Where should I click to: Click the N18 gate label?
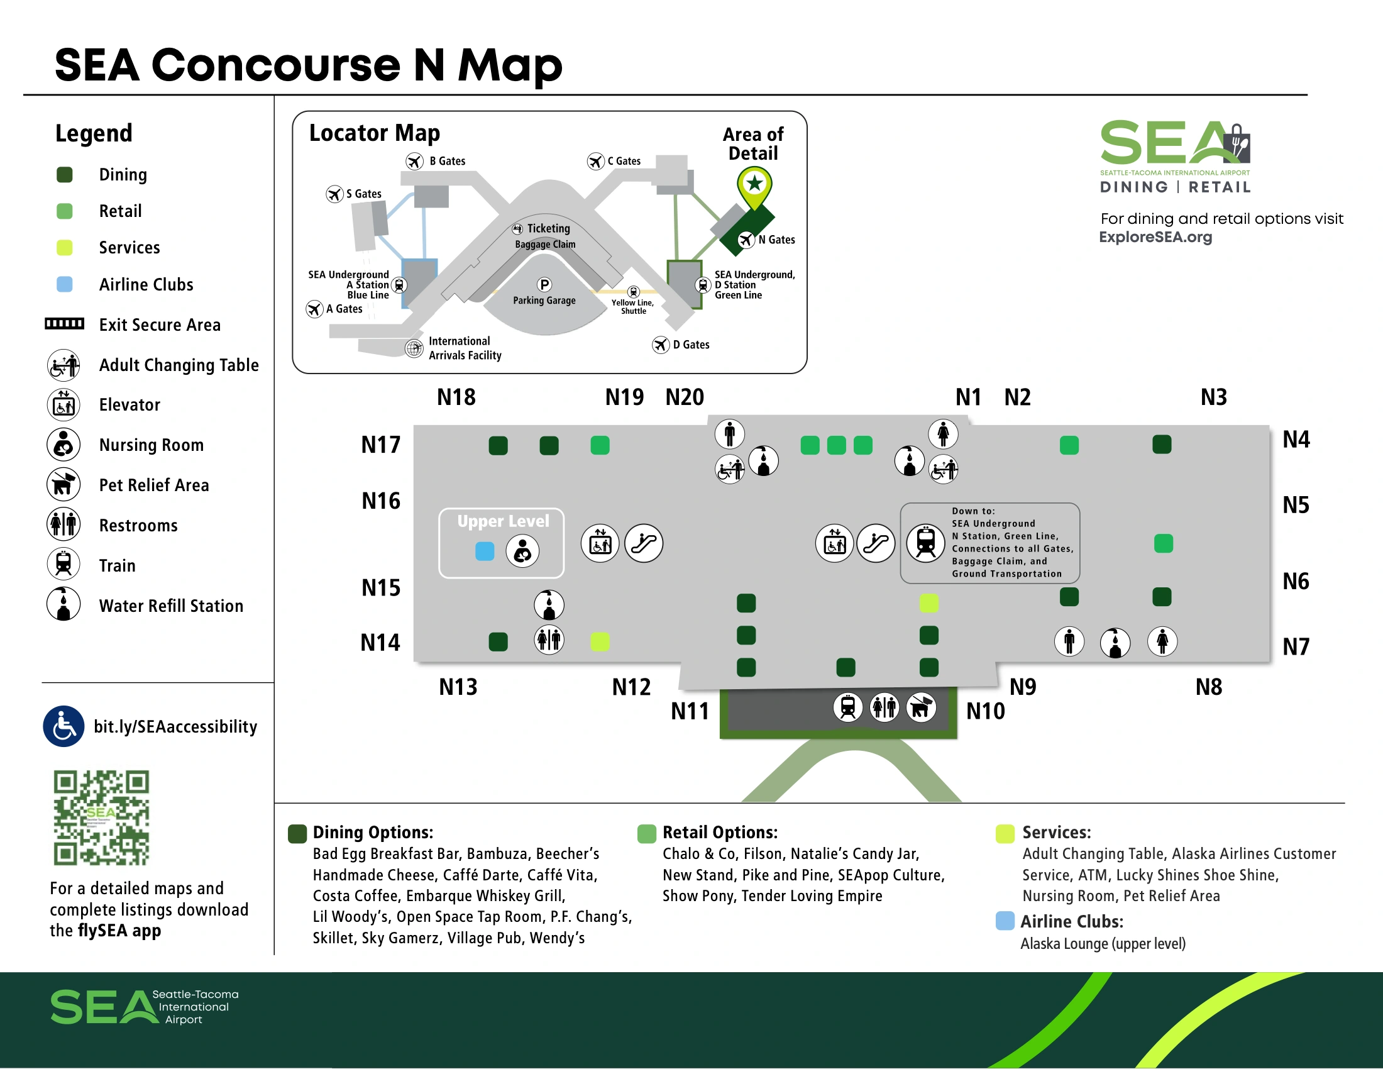pos(456,397)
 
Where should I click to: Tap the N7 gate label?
pos(1295,646)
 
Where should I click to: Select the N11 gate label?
pos(690,711)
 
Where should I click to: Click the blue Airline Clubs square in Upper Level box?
pos(485,551)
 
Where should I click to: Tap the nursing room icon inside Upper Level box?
pos(522,551)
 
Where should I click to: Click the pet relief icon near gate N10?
pos(922,707)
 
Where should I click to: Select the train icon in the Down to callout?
pos(925,543)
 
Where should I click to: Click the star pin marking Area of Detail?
pos(754,184)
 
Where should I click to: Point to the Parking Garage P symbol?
pos(544,284)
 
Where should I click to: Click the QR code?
pos(101,817)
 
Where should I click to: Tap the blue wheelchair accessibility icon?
pos(63,726)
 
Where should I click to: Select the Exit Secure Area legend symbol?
pos(64,324)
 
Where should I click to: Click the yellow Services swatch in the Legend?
pos(65,248)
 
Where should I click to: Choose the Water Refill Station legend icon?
pos(63,604)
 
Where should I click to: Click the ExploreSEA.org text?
pos(1155,238)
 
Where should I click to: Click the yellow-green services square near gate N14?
pos(600,641)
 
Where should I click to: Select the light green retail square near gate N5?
pos(1162,543)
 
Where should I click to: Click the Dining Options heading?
pos(372,832)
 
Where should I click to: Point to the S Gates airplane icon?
pos(334,194)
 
